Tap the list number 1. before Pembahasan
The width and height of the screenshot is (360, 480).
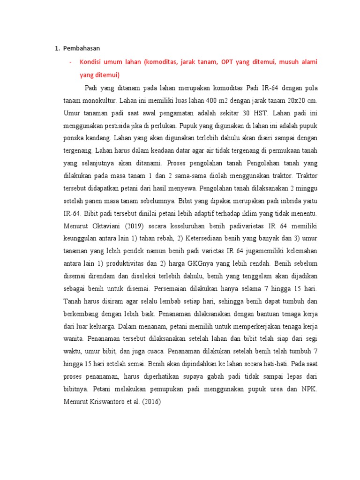pos(58,48)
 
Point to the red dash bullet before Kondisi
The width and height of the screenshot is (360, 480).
pos(70,62)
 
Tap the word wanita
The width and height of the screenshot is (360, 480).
pos(73,338)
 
